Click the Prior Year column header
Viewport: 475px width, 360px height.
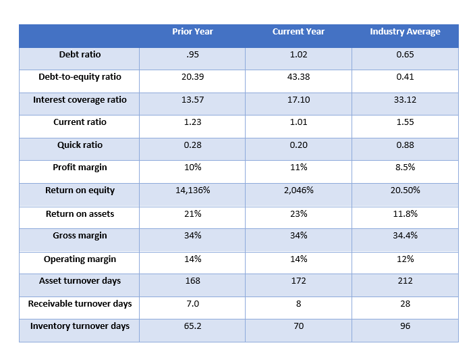pos(192,32)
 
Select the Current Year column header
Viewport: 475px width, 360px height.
pos(298,32)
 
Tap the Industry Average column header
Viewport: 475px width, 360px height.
pos(405,32)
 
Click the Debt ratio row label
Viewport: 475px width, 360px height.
pos(80,54)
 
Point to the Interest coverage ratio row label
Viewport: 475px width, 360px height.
pos(80,100)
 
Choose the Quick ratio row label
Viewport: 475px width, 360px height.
pos(80,145)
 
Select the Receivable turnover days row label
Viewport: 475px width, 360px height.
pos(80,304)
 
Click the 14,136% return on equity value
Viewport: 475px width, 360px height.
pos(192,190)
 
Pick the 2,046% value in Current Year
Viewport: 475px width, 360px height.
pos(298,190)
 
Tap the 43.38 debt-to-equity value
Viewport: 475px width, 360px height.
pos(298,77)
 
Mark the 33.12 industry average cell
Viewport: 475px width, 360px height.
pos(405,100)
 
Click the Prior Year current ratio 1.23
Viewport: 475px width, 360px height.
pos(192,122)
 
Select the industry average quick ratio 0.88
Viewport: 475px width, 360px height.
pos(405,145)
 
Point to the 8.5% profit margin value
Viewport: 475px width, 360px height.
pos(405,168)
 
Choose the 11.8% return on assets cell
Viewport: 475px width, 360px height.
pos(405,213)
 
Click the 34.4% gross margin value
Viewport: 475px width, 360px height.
pos(405,236)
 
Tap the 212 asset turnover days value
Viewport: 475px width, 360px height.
pos(405,281)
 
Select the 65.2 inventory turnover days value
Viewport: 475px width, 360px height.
pos(192,326)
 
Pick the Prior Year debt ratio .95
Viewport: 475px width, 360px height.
pos(192,54)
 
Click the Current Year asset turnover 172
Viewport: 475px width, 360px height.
pos(298,281)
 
